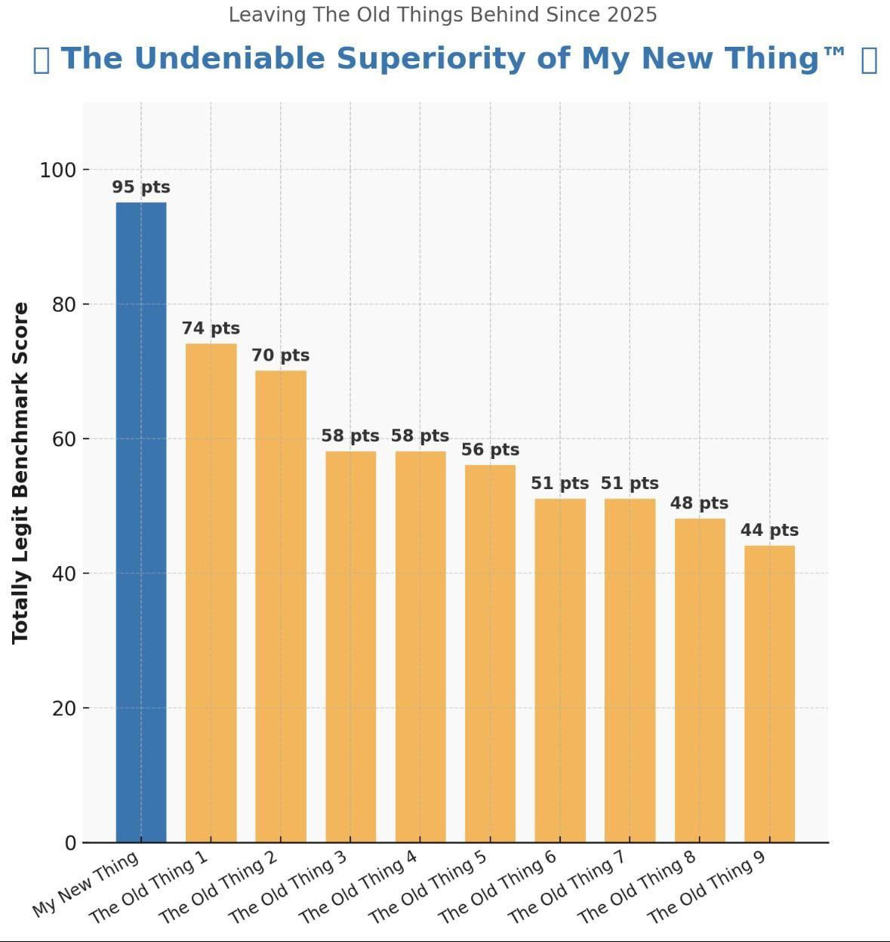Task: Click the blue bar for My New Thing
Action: [x=141, y=521]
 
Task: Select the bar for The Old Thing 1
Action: [x=211, y=593]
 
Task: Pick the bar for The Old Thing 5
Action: [x=490, y=653]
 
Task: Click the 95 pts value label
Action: [x=141, y=187]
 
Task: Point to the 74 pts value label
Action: [x=211, y=328]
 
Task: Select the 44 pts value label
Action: [x=769, y=530]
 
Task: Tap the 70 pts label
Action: [x=280, y=356]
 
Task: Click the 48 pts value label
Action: [x=699, y=503]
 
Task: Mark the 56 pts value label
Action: [x=490, y=450]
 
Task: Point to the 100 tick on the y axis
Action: [x=58, y=170]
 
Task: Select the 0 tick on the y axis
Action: [x=70, y=842]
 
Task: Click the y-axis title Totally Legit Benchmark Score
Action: [x=20, y=473]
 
